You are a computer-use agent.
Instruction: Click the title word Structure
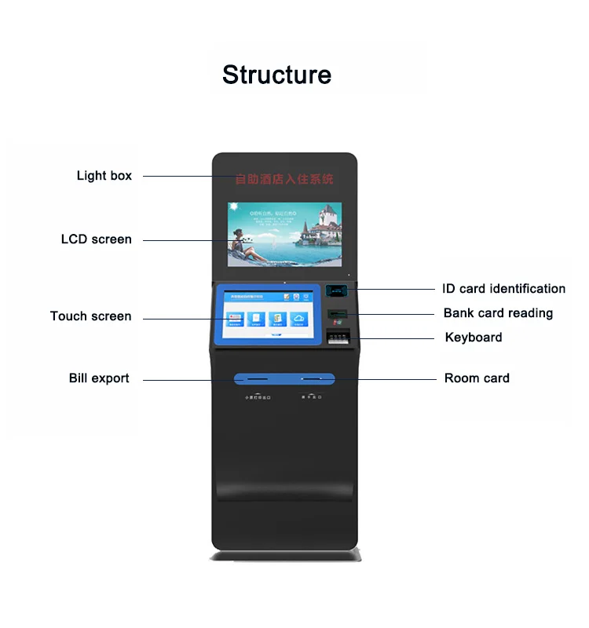click(x=276, y=75)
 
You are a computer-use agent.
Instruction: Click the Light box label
click(x=104, y=176)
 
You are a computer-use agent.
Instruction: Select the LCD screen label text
click(x=96, y=239)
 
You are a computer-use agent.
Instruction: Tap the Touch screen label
click(x=90, y=316)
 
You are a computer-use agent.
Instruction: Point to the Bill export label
click(x=99, y=378)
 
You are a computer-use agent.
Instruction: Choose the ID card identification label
click(x=503, y=289)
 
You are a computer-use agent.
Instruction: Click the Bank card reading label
click(x=498, y=313)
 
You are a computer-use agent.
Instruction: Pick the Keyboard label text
click(x=474, y=338)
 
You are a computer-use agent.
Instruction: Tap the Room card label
click(x=477, y=378)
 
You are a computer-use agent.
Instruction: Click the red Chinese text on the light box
click(x=285, y=180)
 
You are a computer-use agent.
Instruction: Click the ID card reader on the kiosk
click(x=338, y=290)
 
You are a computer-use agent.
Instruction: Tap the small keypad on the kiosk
click(x=337, y=338)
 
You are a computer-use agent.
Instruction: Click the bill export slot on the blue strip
click(x=251, y=379)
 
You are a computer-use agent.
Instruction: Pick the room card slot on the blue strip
click(x=312, y=379)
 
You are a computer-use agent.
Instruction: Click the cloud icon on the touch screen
click(x=298, y=317)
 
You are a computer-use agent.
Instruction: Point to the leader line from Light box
click(x=177, y=176)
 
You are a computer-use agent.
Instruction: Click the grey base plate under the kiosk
click(x=284, y=556)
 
